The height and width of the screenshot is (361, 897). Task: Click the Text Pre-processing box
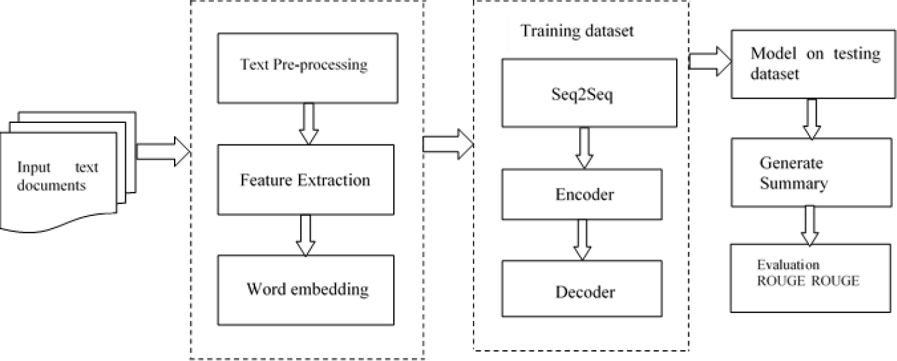[x=307, y=68]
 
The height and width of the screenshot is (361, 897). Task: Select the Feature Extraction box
[x=304, y=180]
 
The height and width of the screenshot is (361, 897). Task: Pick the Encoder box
[x=583, y=194]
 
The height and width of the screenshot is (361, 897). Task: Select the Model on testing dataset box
[x=814, y=63]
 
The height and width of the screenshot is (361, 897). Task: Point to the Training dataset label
[x=577, y=32]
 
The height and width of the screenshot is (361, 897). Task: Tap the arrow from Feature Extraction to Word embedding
[x=306, y=234]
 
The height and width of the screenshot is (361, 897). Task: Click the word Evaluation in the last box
[x=785, y=264]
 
